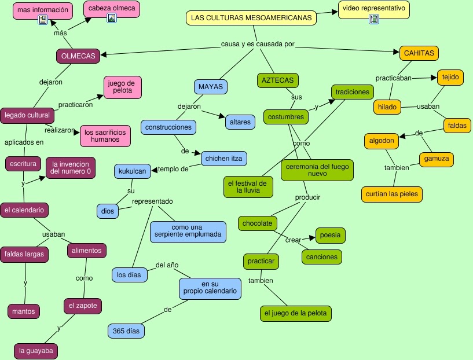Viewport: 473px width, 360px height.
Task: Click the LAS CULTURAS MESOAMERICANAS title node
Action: click(x=252, y=18)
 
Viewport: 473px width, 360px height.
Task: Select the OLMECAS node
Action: click(x=79, y=56)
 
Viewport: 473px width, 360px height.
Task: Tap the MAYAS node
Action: click(x=210, y=87)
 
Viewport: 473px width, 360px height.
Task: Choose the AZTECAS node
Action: click(x=277, y=80)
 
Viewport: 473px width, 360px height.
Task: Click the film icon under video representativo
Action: click(x=373, y=19)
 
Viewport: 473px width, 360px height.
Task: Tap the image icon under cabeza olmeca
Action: click(x=112, y=18)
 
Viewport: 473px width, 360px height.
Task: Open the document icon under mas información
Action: click(x=42, y=20)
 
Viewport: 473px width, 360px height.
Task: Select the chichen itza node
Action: click(x=225, y=157)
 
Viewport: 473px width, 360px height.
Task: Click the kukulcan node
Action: click(x=133, y=171)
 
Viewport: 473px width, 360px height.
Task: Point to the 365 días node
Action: click(x=126, y=331)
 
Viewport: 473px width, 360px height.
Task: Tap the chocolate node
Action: click(x=258, y=223)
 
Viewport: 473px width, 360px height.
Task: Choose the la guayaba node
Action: click(x=36, y=351)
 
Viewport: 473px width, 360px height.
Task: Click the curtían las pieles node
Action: click(x=392, y=194)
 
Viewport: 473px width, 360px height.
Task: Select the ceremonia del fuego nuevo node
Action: click(x=317, y=170)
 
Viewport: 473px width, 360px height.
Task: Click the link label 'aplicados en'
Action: click(x=24, y=142)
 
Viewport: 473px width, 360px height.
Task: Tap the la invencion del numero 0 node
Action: click(x=71, y=167)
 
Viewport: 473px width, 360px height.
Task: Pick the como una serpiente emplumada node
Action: click(x=188, y=232)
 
